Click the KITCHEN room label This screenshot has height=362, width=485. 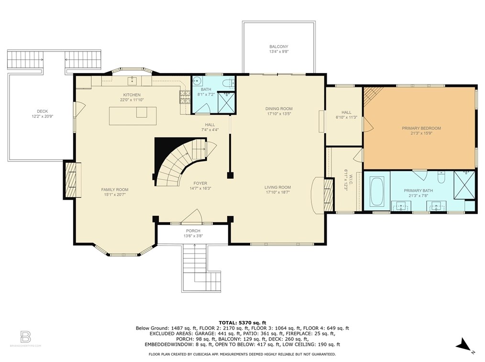(132, 95)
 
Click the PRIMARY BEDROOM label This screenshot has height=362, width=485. (421, 128)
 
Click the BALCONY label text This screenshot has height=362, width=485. (279, 46)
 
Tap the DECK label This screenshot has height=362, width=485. (42, 111)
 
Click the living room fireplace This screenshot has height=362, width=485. (328, 195)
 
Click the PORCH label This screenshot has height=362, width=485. (193, 231)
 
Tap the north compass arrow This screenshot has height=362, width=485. (462, 344)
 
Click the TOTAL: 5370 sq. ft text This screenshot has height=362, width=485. (242, 322)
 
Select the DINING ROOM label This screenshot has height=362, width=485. (279, 108)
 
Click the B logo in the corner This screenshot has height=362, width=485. (25, 335)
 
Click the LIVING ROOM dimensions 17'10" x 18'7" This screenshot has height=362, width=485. (279, 192)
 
